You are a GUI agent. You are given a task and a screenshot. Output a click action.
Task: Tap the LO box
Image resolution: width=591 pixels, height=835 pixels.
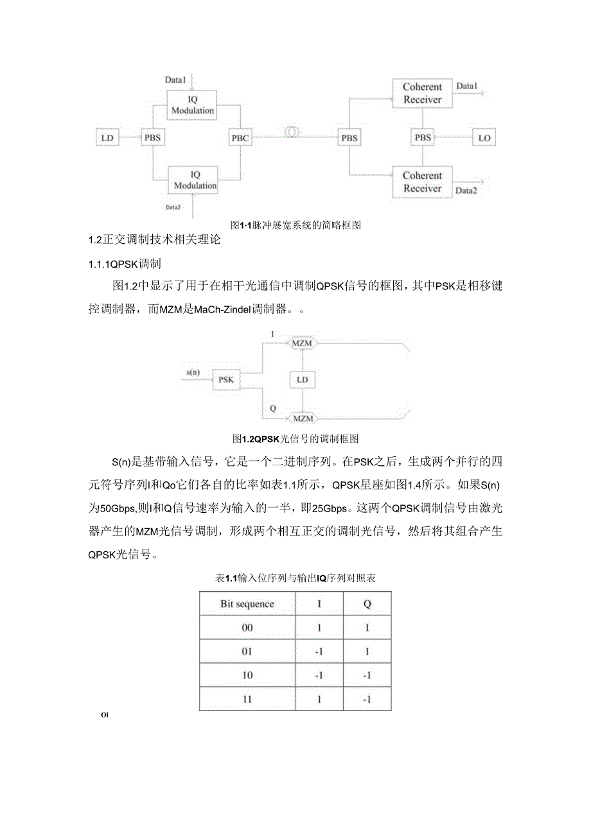click(x=482, y=137)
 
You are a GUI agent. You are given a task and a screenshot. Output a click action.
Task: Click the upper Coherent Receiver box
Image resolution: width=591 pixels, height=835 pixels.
click(x=422, y=94)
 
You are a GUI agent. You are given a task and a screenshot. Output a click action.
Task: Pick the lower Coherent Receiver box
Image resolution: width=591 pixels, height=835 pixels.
click(x=422, y=182)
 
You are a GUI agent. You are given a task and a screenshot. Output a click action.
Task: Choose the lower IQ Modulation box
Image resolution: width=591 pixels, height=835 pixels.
click(x=193, y=180)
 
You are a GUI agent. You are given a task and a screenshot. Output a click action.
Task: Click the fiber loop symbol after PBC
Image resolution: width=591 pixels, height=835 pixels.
click(x=292, y=132)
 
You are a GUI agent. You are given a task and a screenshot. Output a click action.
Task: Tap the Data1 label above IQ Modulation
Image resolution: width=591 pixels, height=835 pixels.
click(x=175, y=80)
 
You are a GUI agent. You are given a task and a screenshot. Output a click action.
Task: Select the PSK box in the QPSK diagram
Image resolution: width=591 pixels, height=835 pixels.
click(x=226, y=380)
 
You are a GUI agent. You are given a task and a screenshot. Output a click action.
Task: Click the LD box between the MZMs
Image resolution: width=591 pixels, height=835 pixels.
click(x=302, y=380)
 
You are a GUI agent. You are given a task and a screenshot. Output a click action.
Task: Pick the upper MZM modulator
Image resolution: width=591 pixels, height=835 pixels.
click(x=302, y=343)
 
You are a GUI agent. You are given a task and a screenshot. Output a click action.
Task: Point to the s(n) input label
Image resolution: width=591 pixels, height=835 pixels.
click(x=191, y=372)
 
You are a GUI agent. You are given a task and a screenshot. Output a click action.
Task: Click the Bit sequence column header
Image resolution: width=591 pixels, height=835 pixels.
click(x=247, y=604)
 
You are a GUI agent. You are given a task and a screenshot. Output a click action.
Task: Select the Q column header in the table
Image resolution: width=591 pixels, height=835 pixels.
click(x=367, y=604)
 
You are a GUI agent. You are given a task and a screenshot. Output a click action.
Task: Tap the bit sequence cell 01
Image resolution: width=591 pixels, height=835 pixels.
click(x=247, y=651)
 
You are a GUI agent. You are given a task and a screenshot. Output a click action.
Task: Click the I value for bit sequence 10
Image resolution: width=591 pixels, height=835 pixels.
click(x=319, y=675)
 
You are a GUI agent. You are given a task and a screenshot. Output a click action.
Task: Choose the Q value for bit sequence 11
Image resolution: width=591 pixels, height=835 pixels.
click(x=367, y=699)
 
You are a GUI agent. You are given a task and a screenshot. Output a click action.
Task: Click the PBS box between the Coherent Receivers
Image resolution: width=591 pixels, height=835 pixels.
click(x=423, y=137)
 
